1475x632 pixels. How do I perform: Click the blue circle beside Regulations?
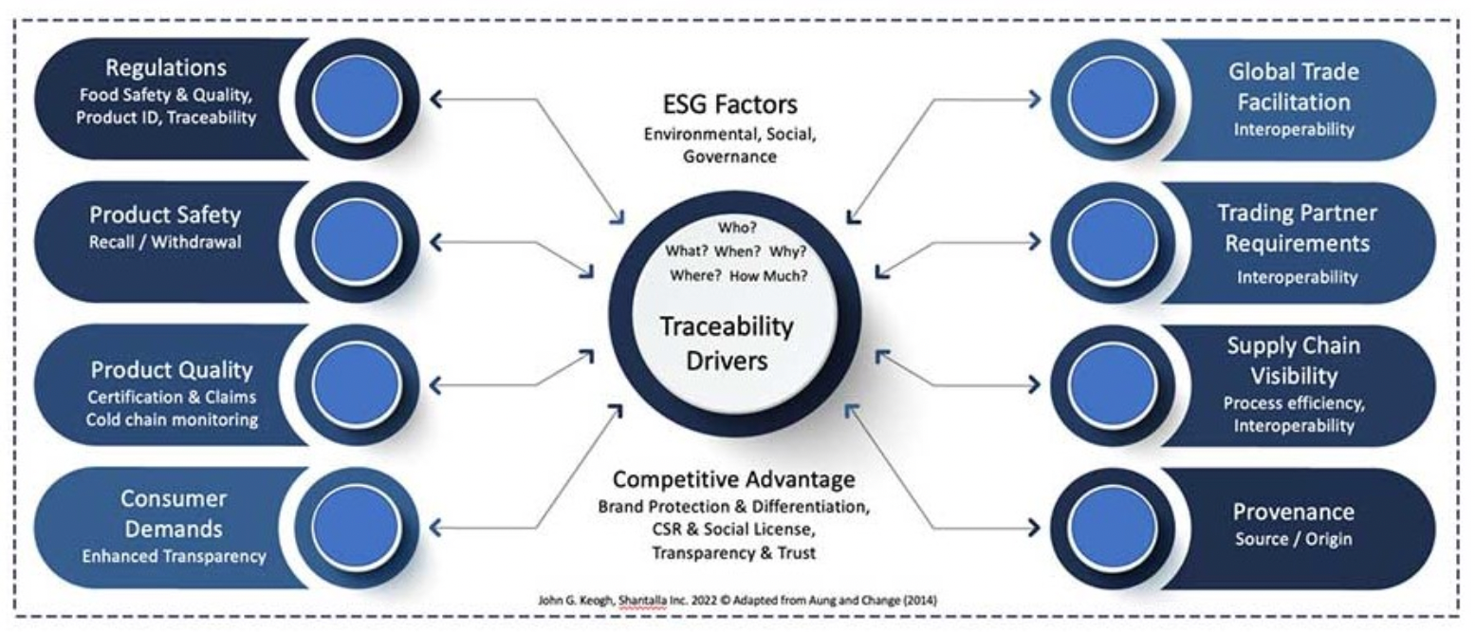[357, 98]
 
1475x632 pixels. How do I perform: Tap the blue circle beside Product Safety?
[357, 241]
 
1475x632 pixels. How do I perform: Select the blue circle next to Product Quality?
[357, 384]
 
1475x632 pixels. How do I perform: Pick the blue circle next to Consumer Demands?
[357, 528]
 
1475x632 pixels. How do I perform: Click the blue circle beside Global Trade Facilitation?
[1112, 99]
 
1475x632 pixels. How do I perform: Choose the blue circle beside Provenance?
[1112, 528]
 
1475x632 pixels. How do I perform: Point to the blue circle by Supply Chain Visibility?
[1112, 385]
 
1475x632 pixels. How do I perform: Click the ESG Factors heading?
[729, 104]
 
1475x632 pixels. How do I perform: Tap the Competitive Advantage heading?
[733, 479]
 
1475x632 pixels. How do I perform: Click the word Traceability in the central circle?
[727, 326]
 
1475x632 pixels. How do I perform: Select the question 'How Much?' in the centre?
[767, 276]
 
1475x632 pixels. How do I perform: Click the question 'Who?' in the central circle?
[737, 228]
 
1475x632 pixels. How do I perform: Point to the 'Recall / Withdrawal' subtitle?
[165, 242]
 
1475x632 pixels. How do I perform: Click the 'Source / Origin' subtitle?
[1293, 539]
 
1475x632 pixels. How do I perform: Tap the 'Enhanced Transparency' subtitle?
[174, 556]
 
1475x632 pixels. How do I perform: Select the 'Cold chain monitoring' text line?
[172, 419]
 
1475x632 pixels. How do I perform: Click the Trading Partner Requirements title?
[1298, 228]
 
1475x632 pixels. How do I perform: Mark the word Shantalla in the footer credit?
[643, 601]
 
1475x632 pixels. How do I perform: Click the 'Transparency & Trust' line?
[733, 553]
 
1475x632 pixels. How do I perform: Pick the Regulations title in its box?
[166, 68]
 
